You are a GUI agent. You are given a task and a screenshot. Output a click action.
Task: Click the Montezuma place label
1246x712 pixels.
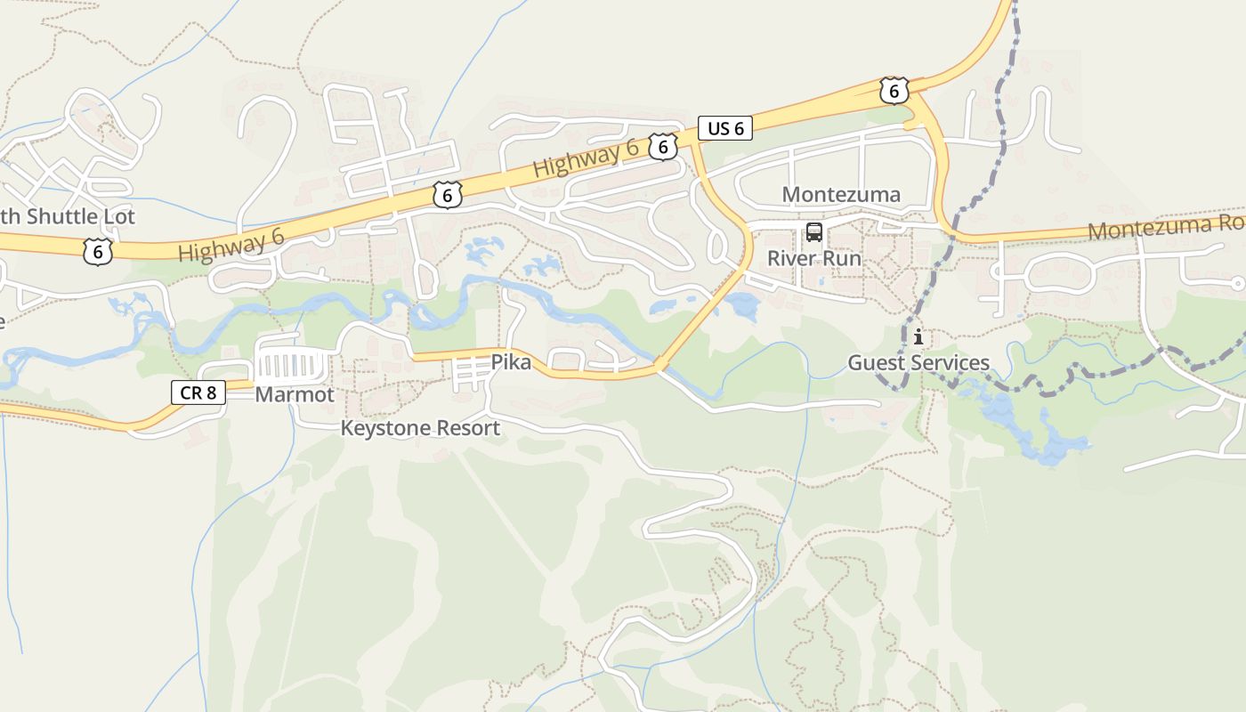point(841,194)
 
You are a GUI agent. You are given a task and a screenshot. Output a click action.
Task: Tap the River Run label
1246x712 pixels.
point(814,259)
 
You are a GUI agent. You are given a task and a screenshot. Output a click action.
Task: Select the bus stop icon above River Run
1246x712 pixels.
point(814,233)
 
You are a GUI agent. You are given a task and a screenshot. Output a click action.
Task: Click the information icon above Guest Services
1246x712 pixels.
point(918,338)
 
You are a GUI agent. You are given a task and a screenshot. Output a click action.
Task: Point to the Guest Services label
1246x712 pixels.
point(918,363)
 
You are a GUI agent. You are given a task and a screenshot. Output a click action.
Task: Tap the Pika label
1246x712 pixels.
point(511,362)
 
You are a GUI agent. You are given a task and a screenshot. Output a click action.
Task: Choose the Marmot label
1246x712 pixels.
point(295,394)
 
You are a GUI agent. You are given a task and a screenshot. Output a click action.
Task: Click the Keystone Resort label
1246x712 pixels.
point(420,428)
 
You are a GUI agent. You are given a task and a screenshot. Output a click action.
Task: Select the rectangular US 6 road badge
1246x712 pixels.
point(725,128)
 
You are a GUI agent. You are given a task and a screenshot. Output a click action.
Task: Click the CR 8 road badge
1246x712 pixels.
point(198,392)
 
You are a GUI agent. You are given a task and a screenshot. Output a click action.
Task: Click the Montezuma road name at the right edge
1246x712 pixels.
point(1166,227)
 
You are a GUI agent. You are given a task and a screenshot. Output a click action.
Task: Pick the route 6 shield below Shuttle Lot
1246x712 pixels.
point(97,252)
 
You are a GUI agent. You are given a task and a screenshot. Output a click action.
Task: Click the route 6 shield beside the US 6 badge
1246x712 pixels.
point(662,147)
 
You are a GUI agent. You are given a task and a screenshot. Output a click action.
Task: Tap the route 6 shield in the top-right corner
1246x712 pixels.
point(894,90)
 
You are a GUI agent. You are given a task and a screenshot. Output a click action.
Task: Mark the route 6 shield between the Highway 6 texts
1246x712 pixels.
point(447,194)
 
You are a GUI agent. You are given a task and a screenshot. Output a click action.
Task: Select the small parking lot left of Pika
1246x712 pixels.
point(470,373)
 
